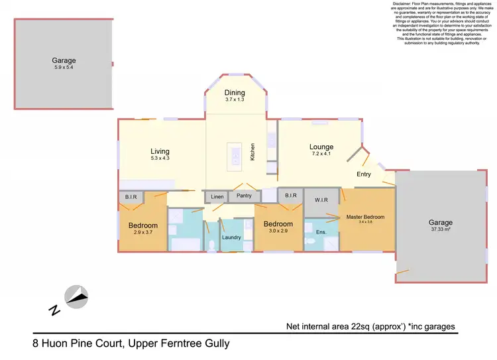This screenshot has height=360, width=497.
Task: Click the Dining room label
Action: tap(235, 93)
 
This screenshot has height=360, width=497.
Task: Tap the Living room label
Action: tap(160, 151)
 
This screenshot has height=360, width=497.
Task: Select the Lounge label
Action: tap(321, 147)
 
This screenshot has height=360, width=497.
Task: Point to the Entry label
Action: tap(364, 174)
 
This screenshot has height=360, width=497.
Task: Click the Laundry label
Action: tap(231, 237)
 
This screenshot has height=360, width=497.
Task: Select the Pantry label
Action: tap(245, 197)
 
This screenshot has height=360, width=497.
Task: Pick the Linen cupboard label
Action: tap(217, 197)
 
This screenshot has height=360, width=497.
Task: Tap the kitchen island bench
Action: tap(234, 156)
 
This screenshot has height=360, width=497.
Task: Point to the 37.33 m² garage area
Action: tap(441, 231)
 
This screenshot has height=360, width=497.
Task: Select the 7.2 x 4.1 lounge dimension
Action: tap(321, 154)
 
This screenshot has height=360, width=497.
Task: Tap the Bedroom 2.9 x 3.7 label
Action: tap(142, 225)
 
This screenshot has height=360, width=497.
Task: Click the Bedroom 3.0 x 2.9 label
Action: tap(278, 224)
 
